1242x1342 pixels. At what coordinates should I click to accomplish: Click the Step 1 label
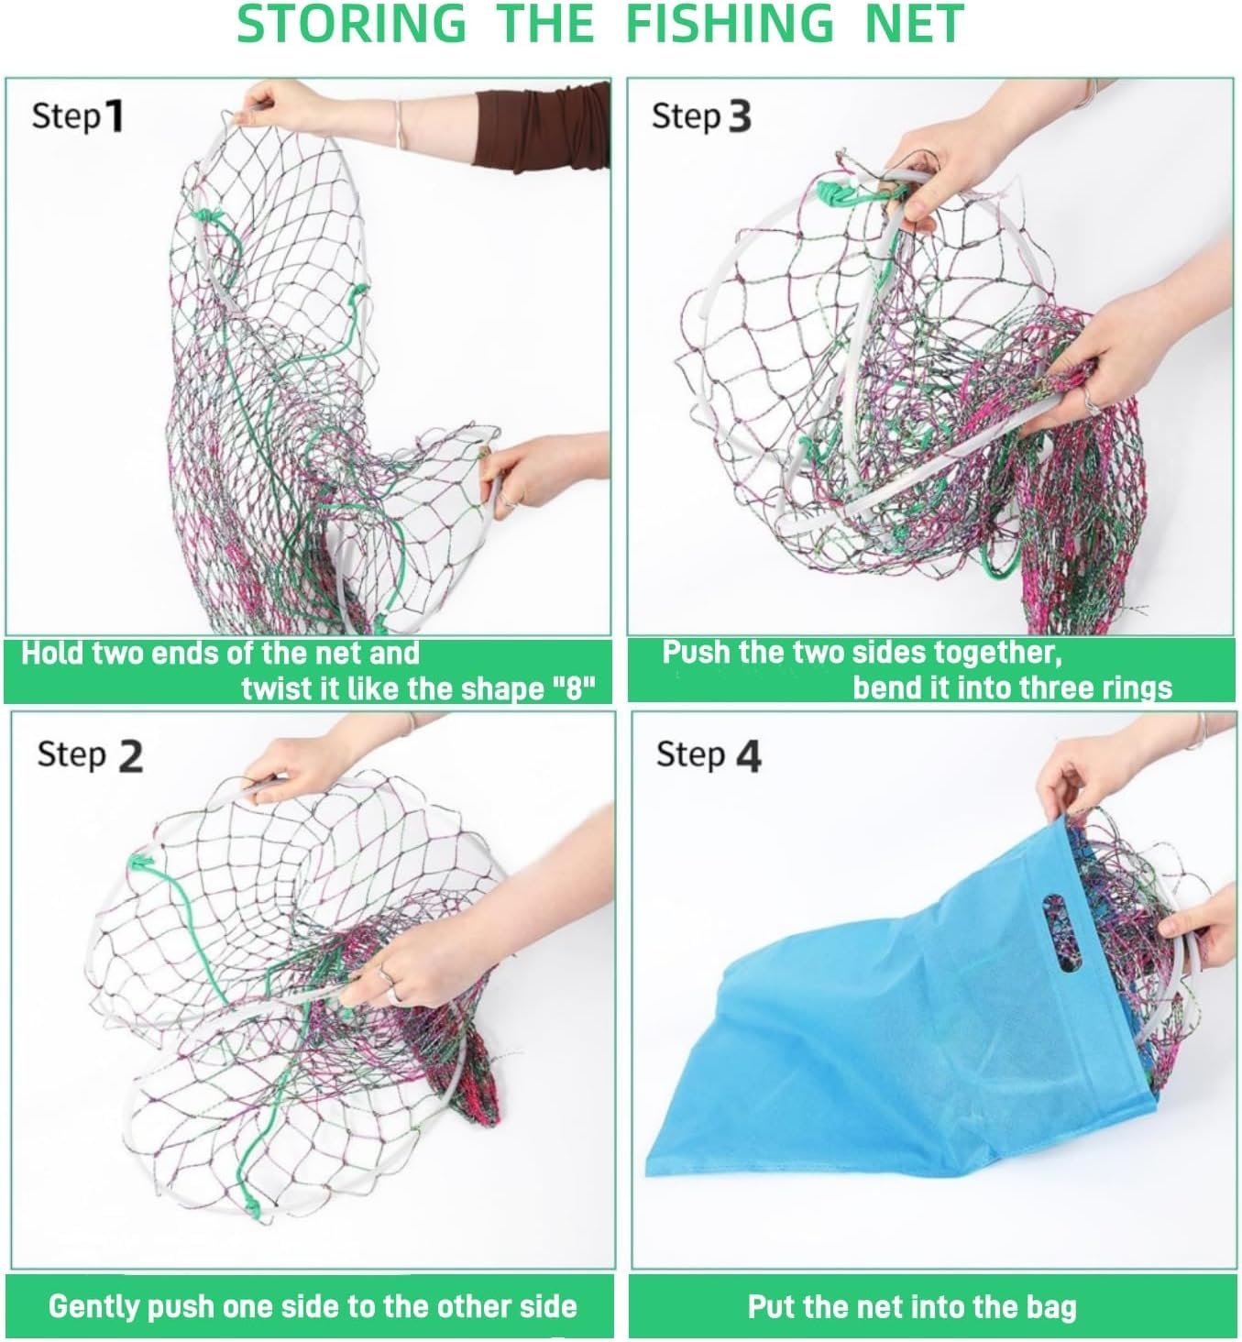coord(77,116)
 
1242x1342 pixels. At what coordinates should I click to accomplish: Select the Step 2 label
coord(90,756)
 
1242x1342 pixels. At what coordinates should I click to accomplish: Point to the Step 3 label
coord(701,116)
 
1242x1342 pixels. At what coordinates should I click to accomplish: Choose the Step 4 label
coord(709,756)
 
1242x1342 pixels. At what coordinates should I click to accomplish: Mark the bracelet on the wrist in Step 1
coord(399,124)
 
